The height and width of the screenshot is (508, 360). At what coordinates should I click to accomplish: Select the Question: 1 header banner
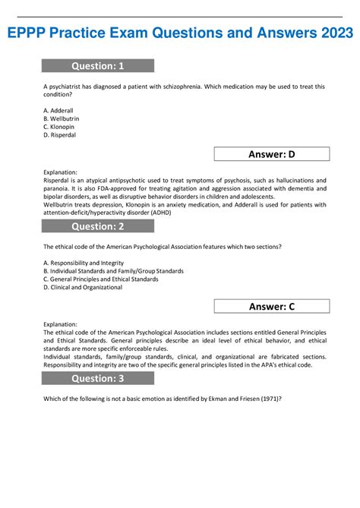pyautogui.click(x=98, y=65)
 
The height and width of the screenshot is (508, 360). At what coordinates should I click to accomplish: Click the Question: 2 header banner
pyautogui.click(x=98, y=226)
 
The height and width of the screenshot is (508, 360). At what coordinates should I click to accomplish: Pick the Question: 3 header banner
pyautogui.click(x=98, y=378)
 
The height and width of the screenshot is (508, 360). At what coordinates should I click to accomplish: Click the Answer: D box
pyautogui.click(x=272, y=155)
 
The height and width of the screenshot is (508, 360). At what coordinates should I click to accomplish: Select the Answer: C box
pyautogui.click(x=272, y=306)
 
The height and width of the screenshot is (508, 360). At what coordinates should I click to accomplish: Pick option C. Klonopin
pyautogui.click(x=59, y=128)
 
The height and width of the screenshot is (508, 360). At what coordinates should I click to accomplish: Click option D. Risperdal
pyautogui.click(x=60, y=136)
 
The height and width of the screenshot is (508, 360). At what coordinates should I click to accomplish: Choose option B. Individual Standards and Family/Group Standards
pyautogui.click(x=113, y=270)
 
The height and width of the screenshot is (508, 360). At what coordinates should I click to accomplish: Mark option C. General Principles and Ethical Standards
pyautogui.click(x=101, y=279)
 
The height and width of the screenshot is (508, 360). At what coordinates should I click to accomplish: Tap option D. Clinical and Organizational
pyautogui.click(x=83, y=288)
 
